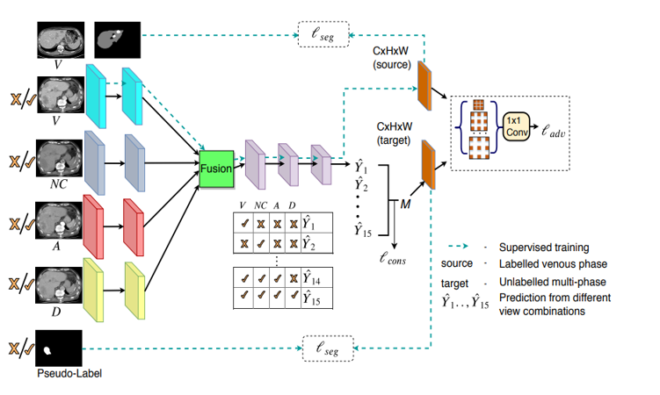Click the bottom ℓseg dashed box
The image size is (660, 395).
[x=328, y=348]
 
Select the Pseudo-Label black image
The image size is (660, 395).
[x=59, y=348]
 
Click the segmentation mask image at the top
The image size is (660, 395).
[x=117, y=38]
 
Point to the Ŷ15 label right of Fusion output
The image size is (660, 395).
[x=362, y=231]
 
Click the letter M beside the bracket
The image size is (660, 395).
[x=405, y=204]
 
